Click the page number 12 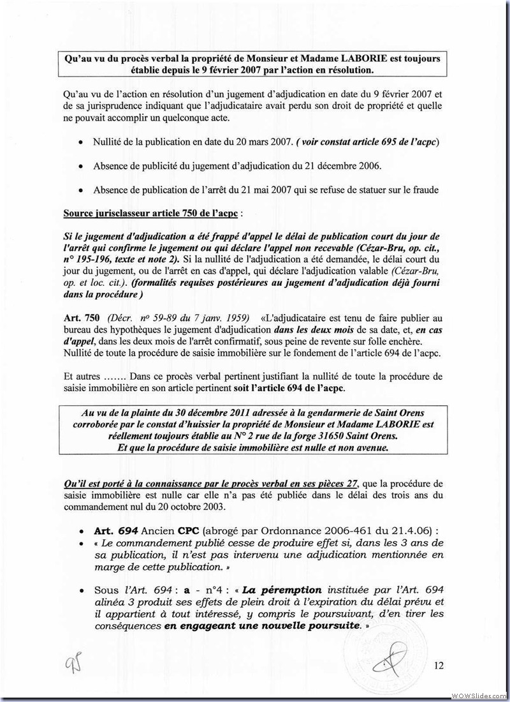pyautogui.click(x=439, y=666)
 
